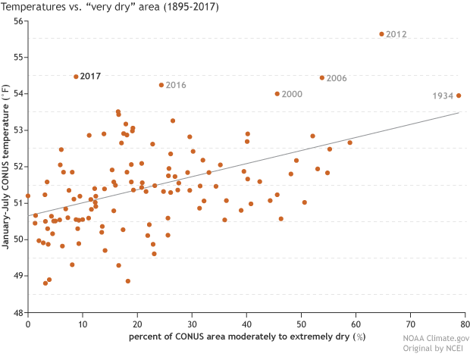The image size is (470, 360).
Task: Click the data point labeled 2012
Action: click(x=382, y=34)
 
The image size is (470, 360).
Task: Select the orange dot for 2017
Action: click(x=76, y=77)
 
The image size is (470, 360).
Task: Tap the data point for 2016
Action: click(x=161, y=85)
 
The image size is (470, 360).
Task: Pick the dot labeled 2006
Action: click(x=322, y=77)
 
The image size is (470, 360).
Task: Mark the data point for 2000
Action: click(x=277, y=94)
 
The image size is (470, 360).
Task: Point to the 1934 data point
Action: click(x=459, y=95)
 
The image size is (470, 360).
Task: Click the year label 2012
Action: click(x=396, y=35)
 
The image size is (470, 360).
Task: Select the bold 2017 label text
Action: click(x=90, y=77)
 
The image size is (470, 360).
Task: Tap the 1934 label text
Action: click(x=443, y=96)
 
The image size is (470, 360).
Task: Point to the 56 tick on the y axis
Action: click(x=18, y=21)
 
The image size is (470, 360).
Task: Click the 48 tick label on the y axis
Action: click(x=18, y=312)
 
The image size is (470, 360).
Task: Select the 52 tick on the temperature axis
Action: click(x=18, y=167)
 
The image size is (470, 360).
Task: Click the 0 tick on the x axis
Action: click(x=28, y=324)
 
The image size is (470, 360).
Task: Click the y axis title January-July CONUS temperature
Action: click(x=7, y=167)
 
